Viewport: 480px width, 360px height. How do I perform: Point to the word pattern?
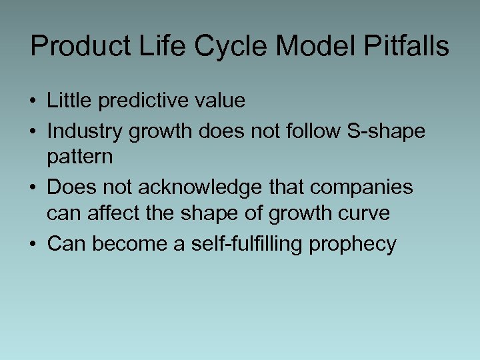coord(80,157)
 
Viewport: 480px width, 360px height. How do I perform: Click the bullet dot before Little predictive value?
coord(33,101)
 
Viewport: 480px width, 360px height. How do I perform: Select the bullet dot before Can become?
coord(33,244)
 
